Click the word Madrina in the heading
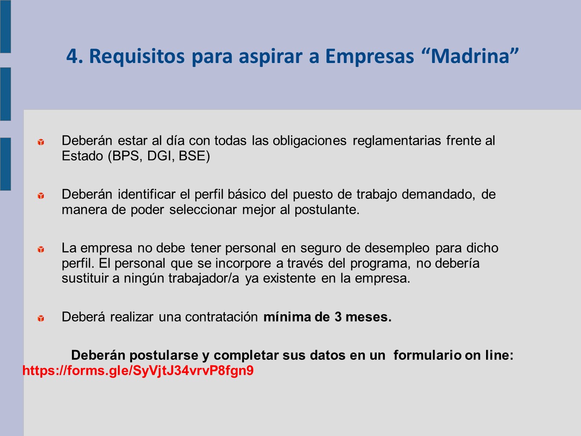(x=470, y=56)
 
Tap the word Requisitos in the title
(x=137, y=57)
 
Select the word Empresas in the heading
(x=369, y=57)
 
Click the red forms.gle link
(x=138, y=370)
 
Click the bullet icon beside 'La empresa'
(x=41, y=250)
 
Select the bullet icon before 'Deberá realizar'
(x=41, y=318)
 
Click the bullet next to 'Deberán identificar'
(x=41, y=195)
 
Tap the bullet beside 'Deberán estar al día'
(x=41, y=142)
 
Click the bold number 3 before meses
(x=338, y=317)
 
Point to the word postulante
(x=327, y=210)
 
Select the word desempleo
(x=397, y=248)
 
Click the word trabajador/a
(x=203, y=278)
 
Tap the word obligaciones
(x=310, y=141)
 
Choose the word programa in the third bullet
(x=381, y=264)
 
